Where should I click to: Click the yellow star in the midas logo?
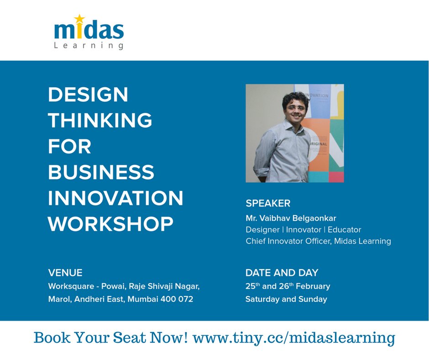pyautogui.click(x=79, y=19)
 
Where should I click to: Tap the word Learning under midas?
pyautogui.click(x=89, y=45)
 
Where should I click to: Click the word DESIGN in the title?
pyautogui.click(x=88, y=95)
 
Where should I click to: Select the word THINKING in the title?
pyautogui.click(x=100, y=121)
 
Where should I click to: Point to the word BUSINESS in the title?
pyautogui.click(x=101, y=172)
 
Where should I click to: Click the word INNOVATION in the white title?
pyautogui.click(x=115, y=198)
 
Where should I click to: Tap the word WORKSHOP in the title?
pyautogui.click(x=110, y=224)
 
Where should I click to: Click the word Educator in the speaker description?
pyautogui.click(x=345, y=229)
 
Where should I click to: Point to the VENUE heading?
pyautogui.click(x=65, y=273)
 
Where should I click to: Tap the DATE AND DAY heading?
pyautogui.click(x=282, y=273)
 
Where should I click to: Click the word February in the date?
pyautogui.click(x=313, y=286)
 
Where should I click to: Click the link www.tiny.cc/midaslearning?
pyautogui.click(x=294, y=338)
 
